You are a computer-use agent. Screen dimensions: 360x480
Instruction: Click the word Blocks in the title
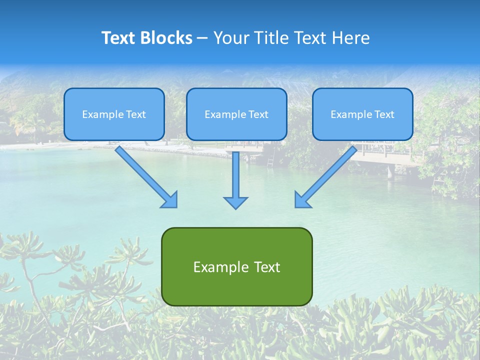pos(165,38)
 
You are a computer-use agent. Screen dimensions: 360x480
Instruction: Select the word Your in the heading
pos(231,38)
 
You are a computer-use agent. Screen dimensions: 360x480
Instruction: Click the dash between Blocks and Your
pos(202,38)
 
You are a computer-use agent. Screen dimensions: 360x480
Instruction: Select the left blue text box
pos(114,127)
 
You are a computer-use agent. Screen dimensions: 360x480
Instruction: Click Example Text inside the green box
pos(236,267)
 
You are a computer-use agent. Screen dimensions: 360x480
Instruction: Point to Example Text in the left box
pos(114,114)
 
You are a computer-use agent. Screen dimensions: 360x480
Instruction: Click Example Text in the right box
pos(362,114)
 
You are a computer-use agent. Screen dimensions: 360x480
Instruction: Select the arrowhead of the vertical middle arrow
pos(235,202)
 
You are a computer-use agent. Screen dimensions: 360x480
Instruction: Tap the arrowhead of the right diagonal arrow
pos(302,200)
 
